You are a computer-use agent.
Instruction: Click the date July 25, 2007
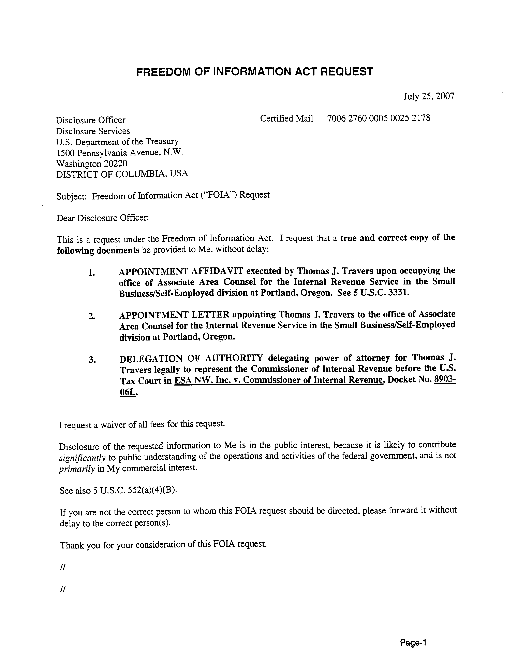point(429,97)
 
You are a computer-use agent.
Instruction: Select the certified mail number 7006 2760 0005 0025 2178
point(379,118)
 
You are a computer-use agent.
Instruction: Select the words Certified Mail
point(286,119)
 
